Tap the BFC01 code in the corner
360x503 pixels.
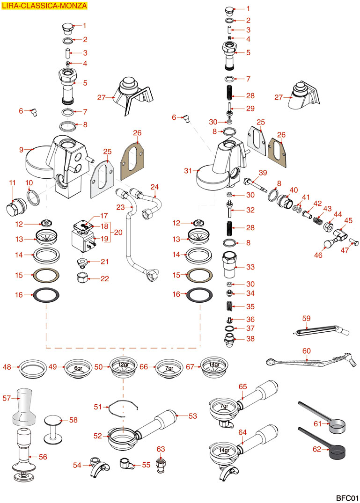point(346,497)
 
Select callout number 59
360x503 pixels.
point(306,319)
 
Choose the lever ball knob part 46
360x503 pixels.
point(328,244)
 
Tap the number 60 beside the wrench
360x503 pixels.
point(306,351)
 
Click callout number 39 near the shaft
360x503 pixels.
point(263,173)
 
